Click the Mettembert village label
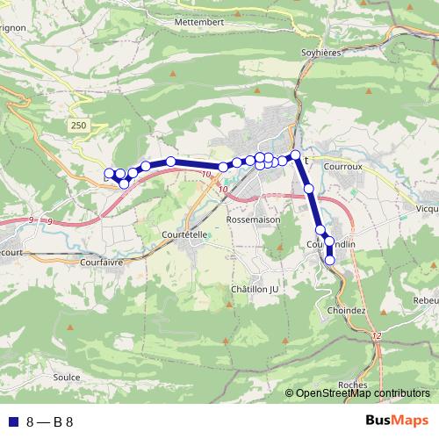[x=200, y=20]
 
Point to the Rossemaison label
[x=252, y=219]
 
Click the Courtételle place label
[x=184, y=234]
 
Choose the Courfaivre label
[x=98, y=262]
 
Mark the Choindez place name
[x=345, y=311]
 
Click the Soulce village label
[x=67, y=378]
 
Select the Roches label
[x=351, y=384]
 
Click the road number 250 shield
[x=79, y=126]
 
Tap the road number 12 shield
[x=377, y=337]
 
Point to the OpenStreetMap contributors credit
[x=362, y=394]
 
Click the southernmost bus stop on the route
[x=330, y=260]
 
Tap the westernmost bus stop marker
[x=109, y=174]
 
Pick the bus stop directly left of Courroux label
[x=296, y=155]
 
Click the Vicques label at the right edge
[x=428, y=209]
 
